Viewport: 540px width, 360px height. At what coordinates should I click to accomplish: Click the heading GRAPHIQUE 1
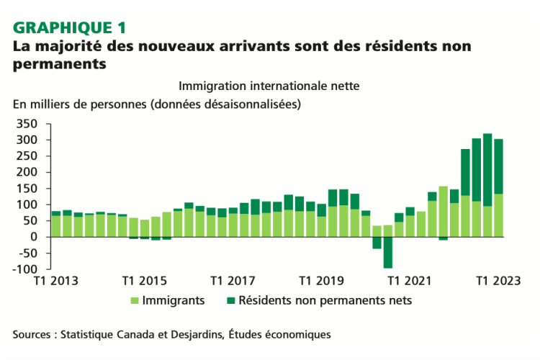70,28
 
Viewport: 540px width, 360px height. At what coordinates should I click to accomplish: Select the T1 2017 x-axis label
233,280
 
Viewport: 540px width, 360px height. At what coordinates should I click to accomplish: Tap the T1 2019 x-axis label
322,280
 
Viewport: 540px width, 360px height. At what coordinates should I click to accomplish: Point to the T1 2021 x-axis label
411,280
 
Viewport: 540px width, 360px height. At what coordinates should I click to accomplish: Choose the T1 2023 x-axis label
499,280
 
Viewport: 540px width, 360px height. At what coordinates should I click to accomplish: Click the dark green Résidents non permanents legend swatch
232,301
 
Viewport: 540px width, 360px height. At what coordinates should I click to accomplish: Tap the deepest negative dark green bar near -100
388,253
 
